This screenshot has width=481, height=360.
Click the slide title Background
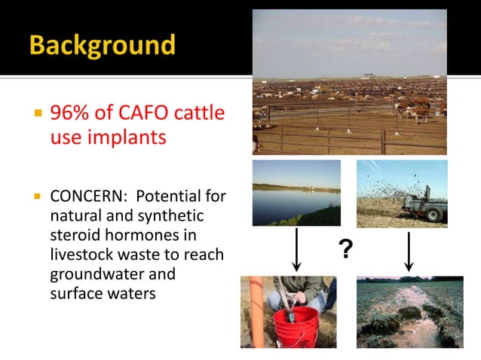pyautogui.click(x=103, y=46)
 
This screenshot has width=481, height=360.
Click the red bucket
pyautogui.click(x=295, y=325)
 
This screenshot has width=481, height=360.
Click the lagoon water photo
pyautogui.click(x=296, y=194)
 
